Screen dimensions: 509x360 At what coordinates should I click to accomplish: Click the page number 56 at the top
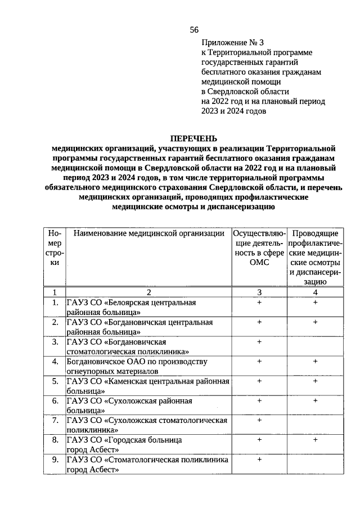tap(194, 30)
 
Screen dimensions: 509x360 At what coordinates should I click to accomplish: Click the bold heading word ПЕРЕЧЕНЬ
tap(193, 138)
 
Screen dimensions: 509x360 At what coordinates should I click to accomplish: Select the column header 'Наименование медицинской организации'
tap(148, 233)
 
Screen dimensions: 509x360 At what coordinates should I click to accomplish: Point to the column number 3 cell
tap(259, 292)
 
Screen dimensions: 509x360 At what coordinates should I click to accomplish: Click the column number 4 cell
tap(316, 292)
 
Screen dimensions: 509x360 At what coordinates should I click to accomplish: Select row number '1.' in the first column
tap(55, 303)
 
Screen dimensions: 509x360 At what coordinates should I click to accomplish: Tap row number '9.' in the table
tap(55, 460)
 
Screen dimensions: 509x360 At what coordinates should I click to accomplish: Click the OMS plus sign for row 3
tap(259, 341)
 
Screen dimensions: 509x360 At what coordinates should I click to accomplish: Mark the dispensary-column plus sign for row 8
tap(316, 440)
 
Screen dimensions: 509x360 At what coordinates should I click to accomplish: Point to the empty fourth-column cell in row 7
tap(316, 425)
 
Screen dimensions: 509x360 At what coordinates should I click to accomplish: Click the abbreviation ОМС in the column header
tap(259, 263)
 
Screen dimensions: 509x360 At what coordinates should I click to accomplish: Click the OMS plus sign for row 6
tap(259, 400)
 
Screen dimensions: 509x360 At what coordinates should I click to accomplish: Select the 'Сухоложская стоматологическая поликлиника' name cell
tap(147, 425)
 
